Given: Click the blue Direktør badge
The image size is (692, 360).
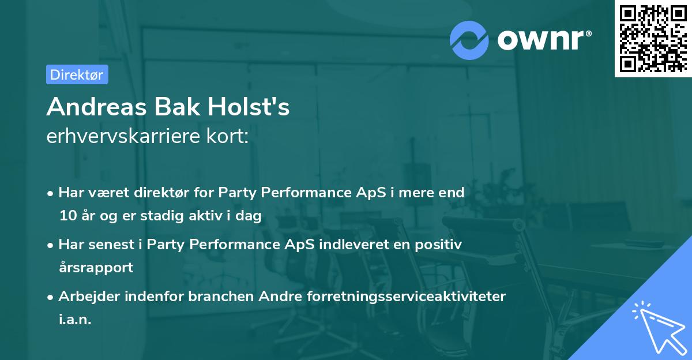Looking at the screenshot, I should tap(77, 74).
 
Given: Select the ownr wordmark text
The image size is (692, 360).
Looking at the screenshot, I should tap(543, 39).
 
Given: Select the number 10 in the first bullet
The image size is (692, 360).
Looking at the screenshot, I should tap(67, 216).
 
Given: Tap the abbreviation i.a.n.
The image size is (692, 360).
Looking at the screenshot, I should tap(75, 319).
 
